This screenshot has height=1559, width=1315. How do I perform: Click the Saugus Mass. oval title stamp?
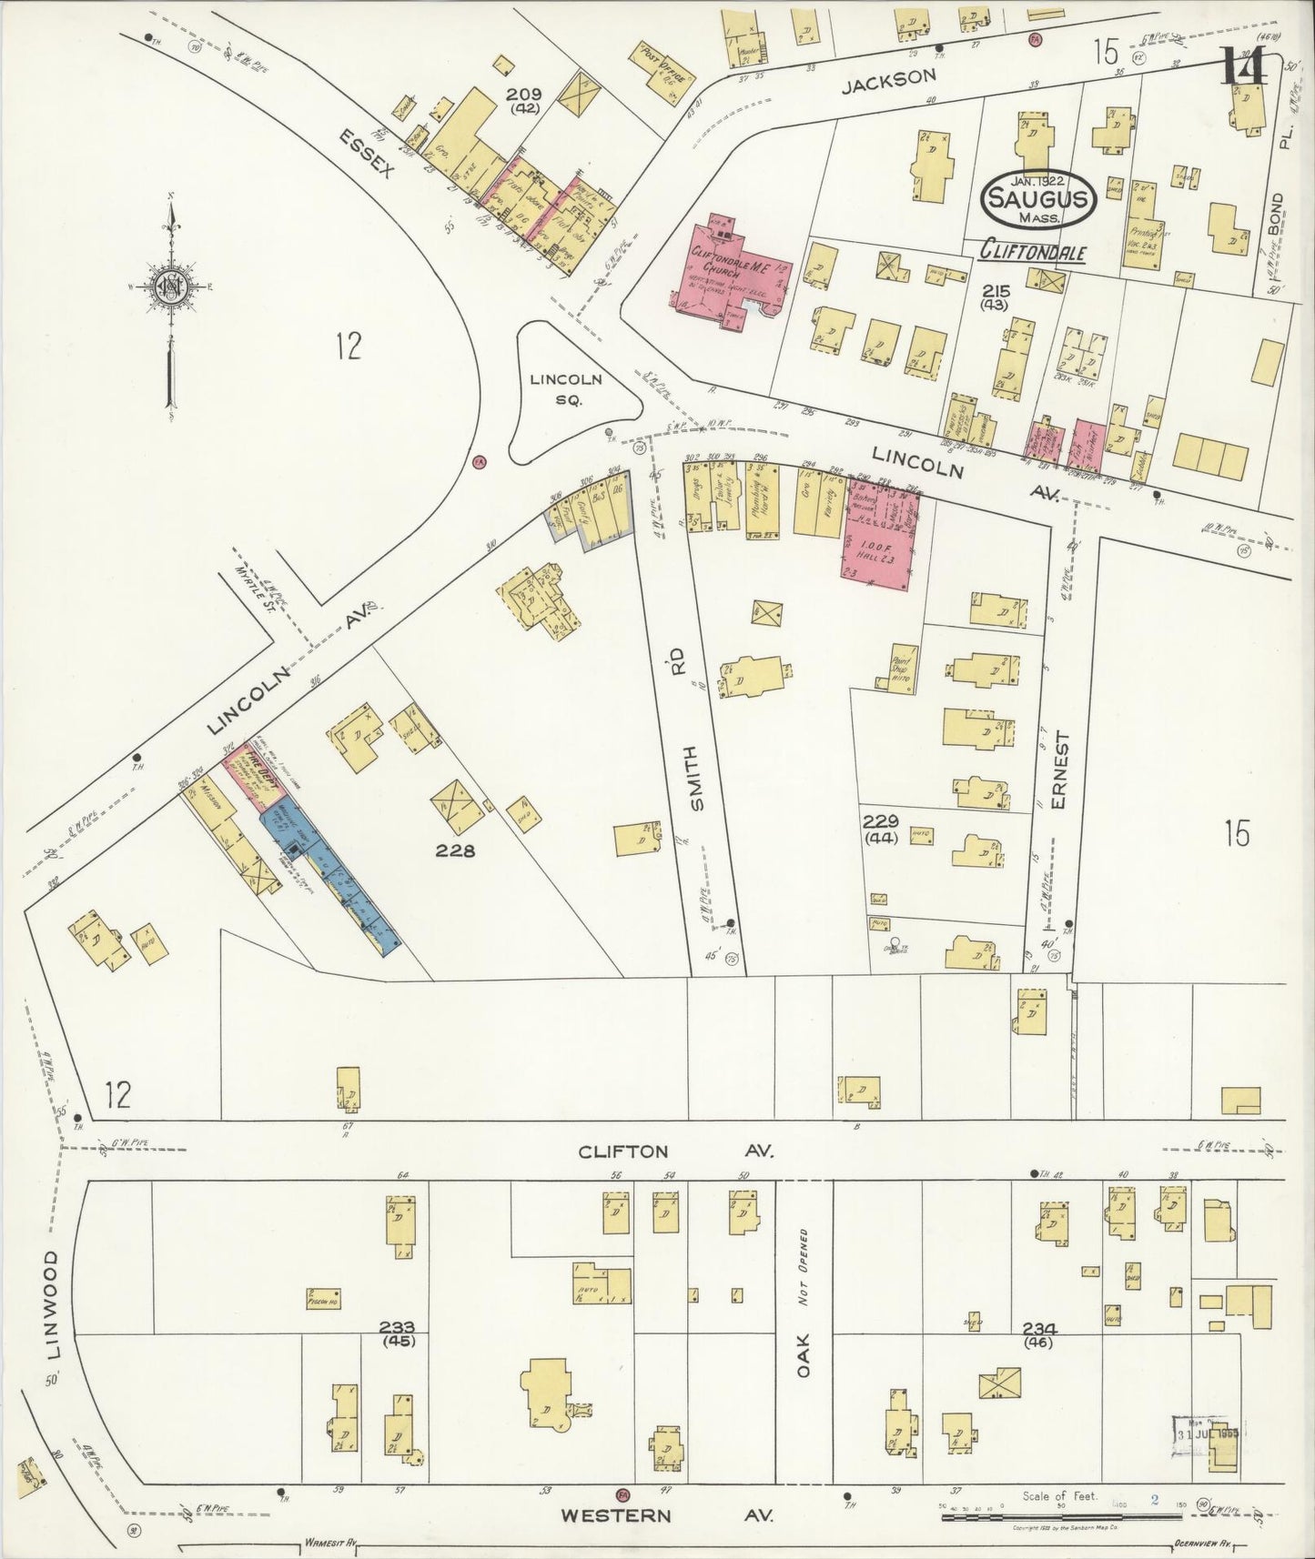tap(1037, 198)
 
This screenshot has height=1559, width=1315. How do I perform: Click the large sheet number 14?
tap(1243, 65)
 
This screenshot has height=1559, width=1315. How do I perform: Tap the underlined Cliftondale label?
tap(1031, 252)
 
